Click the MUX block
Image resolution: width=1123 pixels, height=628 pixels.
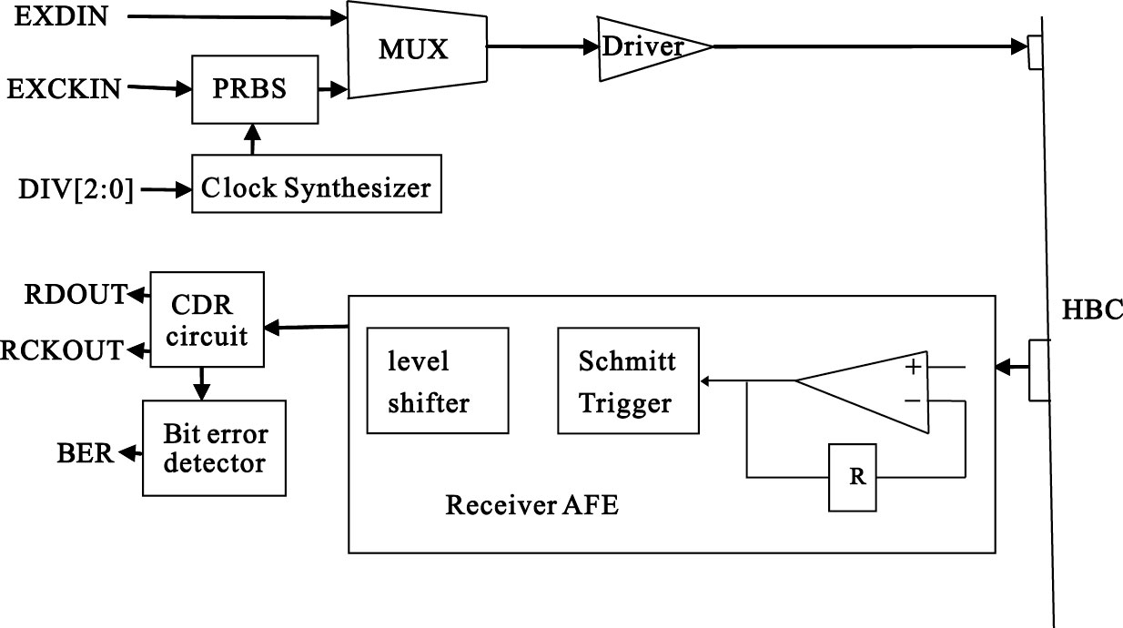click(x=413, y=49)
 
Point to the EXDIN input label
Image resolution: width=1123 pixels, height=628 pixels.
click(x=61, y=16)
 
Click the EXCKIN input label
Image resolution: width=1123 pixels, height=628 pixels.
click(x=64, y=88)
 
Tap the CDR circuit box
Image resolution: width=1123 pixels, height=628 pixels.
click(x=207, y=319)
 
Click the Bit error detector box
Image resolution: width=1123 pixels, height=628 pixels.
click(x=215, y=447)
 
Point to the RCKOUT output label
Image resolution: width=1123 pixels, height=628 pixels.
click(x=63, y=349)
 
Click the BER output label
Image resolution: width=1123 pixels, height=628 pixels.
click(x=86, y=451)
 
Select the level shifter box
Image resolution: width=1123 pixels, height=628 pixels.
click(x=437, y=380)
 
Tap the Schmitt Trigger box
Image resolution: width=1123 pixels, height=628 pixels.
click(x=627, y=381)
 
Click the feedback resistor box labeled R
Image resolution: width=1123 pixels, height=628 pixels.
click(x=853, y=477)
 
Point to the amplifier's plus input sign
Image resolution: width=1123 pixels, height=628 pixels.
click(x=912, y=368)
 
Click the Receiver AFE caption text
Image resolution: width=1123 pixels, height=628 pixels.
click(x=531, y=505)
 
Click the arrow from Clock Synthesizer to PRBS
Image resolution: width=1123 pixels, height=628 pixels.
click(x=254, y=139)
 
